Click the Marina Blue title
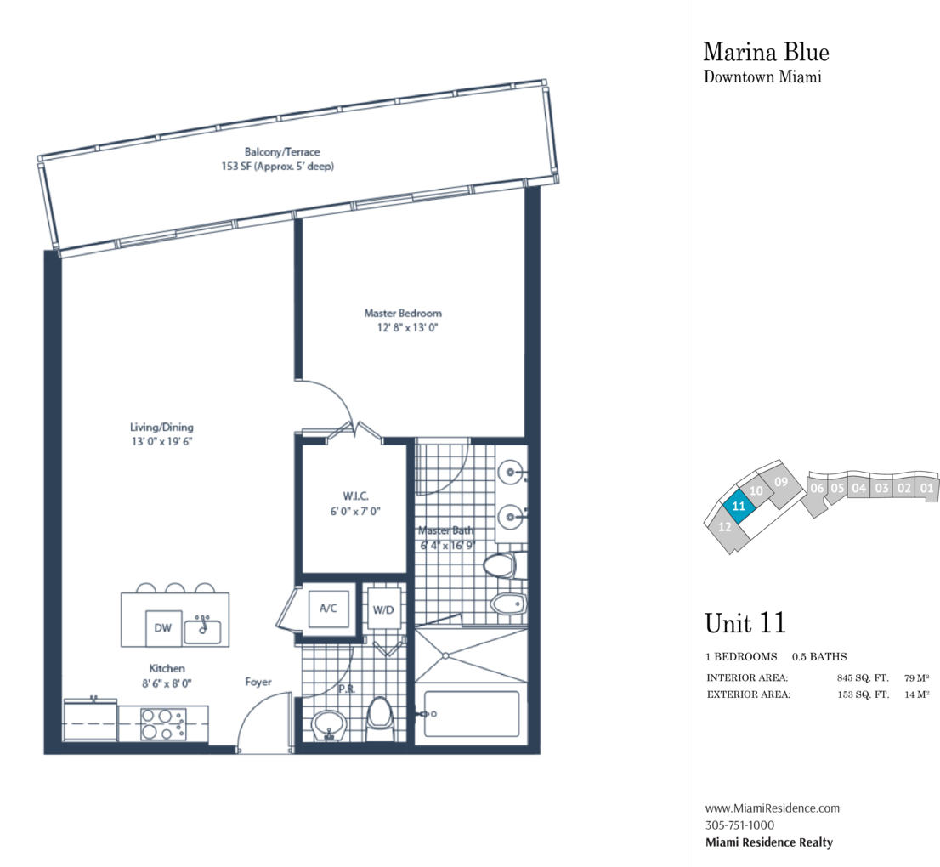point(766,52)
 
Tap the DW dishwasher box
point(163,628)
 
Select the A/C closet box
point(328,609)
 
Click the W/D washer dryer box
point(383,609)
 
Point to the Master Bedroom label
point(403,313)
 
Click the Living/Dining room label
point(161,427)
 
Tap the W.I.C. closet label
point(355,496)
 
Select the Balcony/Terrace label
point(282,151)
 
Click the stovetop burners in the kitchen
point(164,723)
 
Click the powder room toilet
point(379,717)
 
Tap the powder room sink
point(329,726)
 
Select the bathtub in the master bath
point(471,714)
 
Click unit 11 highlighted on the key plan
point(739,506)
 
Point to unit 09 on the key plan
point(780,482)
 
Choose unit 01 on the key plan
point(926,487)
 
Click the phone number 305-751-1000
point(739,825)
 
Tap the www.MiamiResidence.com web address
point(772,807)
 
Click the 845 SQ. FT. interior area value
point(863,678)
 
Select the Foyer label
point(258,682)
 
